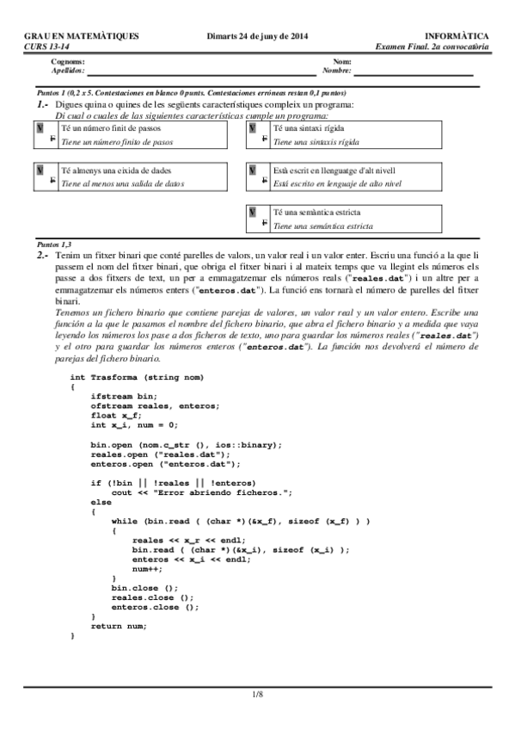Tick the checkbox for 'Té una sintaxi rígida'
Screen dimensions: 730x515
(x=252, y=127)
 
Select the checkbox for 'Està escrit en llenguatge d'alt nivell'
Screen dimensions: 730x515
(x=252, y=170)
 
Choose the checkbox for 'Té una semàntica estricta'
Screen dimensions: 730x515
(x=252, y=212)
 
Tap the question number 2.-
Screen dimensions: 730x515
(x=42, y=256)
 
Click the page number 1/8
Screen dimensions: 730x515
(x=257, y=693)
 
